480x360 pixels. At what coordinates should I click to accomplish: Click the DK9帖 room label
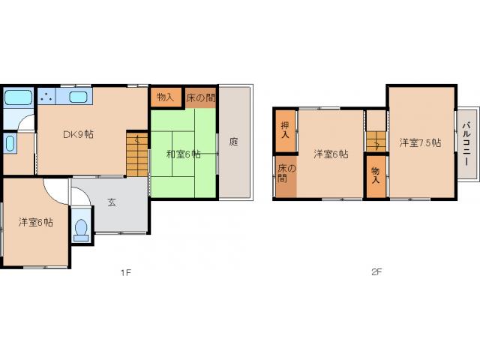(x=78, y=134)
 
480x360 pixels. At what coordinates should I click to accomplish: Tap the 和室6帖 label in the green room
(x=183, y=154)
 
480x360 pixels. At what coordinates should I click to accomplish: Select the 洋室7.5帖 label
(x=420, y=142)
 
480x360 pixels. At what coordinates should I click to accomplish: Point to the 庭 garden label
(x=234, y=142)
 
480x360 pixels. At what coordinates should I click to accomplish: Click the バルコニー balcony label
(x=466, y=144)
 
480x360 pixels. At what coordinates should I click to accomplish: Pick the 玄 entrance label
(x=112, y=202)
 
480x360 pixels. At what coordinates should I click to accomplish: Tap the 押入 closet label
(x=285, y=130)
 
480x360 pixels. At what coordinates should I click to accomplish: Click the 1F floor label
(x=125, y=272)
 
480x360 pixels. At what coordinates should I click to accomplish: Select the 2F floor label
(x=376, y=271)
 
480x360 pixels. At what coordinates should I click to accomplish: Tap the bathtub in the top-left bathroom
(x=18, y=97)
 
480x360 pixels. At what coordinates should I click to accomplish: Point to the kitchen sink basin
(x=78, y=97)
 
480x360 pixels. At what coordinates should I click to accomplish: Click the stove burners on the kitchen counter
(x=46, y=96)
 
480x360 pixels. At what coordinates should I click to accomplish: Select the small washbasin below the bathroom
(x=10, y=143)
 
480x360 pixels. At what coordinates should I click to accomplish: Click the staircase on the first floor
(x=137, y=154)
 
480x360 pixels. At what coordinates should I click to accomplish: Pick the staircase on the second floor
(x=376, y=141)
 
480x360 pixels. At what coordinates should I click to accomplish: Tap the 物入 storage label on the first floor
(x=165, y=97)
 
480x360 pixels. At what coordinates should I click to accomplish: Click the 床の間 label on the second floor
(x=286, y=173)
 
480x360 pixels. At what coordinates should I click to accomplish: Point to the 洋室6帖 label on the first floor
(x=35, y=222)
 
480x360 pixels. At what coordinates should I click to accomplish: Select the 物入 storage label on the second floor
(x=376, y=175)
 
